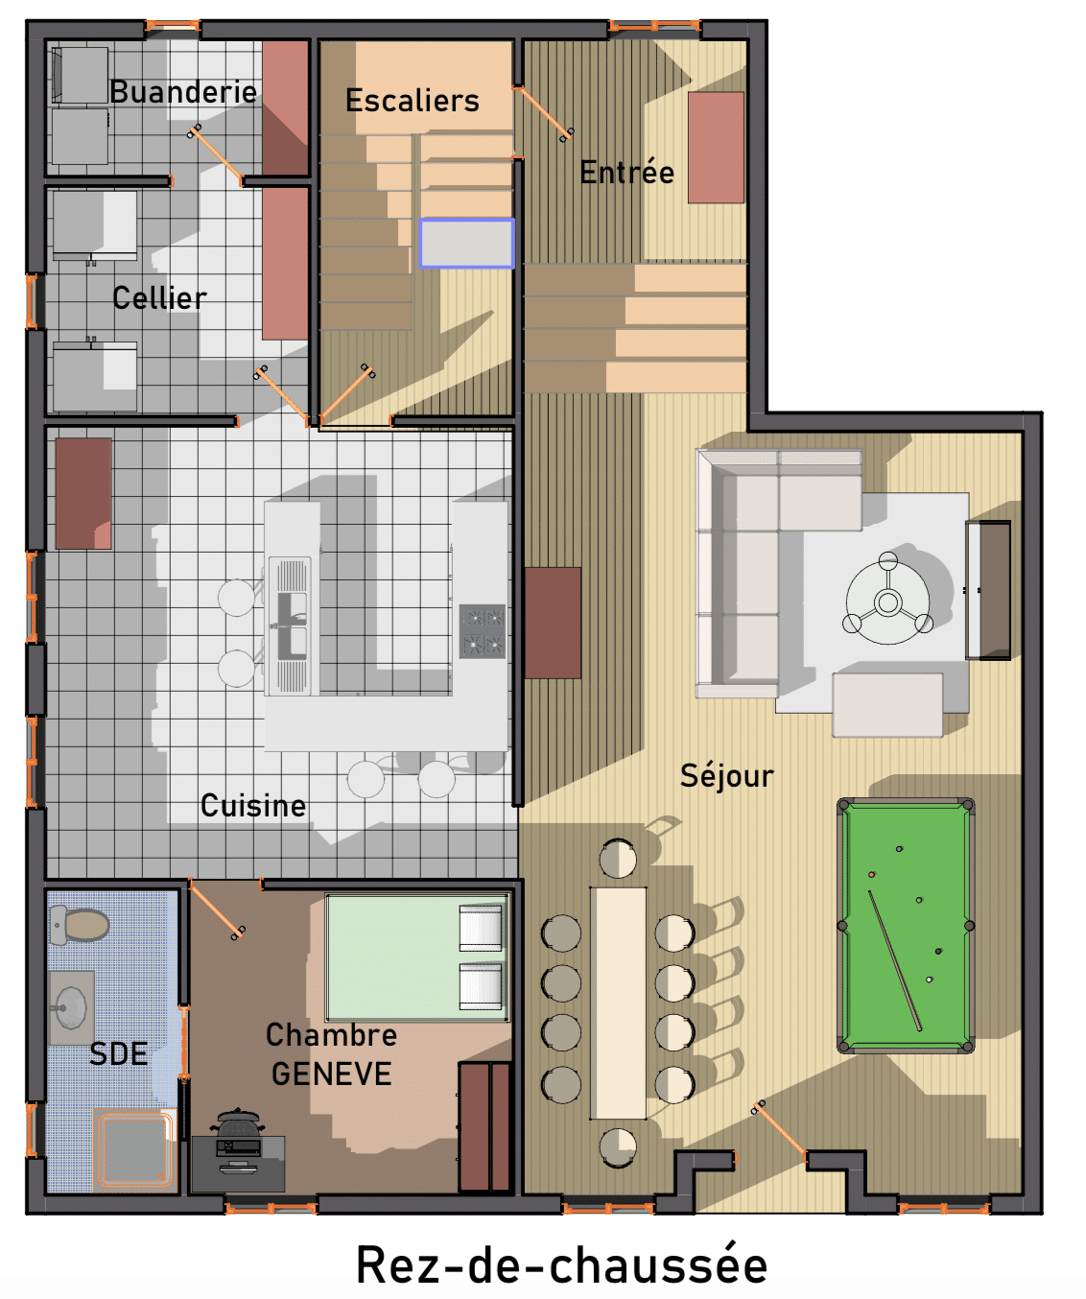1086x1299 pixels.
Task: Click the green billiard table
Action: coord(905,925)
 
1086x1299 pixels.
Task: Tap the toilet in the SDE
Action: coord(80,924)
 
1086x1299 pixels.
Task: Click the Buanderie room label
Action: coord(183,92)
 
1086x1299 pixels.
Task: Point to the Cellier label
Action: coord(159,298)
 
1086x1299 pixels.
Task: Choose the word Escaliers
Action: coord(413,100)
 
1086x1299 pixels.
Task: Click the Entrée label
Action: coord(626,172)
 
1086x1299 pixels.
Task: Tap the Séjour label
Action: coord(727,776)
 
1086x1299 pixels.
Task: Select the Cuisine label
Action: coord(253,806)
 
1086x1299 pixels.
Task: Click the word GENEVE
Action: coord(332,1074)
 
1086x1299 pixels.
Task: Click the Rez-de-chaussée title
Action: coord(561,1264)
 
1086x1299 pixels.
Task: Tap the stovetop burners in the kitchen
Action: coord(482,631)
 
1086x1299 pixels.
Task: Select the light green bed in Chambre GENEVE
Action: coord(417,958)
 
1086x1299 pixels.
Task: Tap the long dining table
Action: coord(618,1003)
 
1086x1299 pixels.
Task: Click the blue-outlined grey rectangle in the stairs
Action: coord(466,244)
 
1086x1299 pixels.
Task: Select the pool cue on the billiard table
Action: coord(895,960)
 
